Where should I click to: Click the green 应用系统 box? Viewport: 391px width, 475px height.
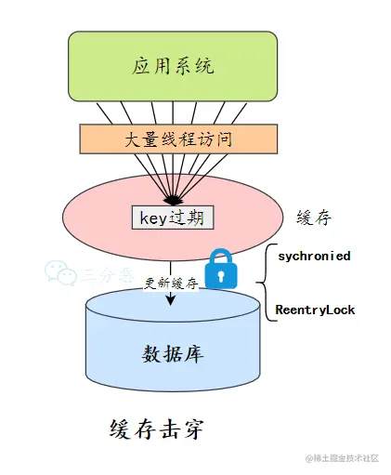coord(172,67)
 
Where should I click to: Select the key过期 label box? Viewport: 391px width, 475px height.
coord(173,218)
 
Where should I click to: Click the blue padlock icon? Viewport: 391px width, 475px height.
coord(221,270)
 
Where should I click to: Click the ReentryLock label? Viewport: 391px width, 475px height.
coord(315,310)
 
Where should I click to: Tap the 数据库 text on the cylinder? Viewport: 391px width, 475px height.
coord(172,354)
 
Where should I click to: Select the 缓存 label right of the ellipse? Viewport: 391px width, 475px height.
coord(311,218)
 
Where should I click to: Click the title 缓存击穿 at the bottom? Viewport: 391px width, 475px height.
coord(155,430)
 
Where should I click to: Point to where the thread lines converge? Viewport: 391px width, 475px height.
coord(173,199)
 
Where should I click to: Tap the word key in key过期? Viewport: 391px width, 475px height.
coord(152,218)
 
